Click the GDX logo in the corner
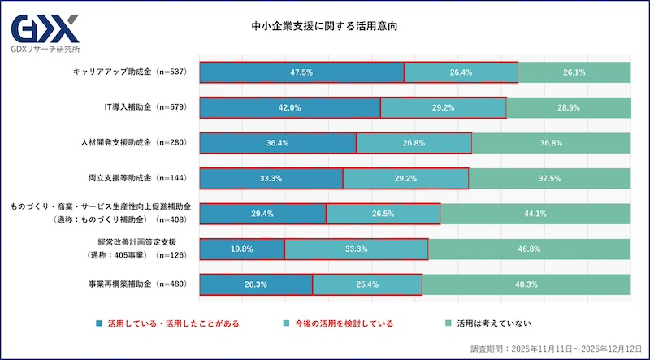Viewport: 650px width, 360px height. [45, 33]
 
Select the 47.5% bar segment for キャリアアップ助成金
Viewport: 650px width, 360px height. [301, 72]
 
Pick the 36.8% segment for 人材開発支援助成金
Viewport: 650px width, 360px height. [551, 143]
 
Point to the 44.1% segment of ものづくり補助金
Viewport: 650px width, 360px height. [535, 214]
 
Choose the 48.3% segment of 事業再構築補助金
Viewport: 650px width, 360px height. [526, 284]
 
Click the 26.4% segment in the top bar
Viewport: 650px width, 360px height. [461, 72]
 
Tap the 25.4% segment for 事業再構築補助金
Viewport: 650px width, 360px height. [367, 284]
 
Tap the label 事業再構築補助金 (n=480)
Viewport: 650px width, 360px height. [137, 284]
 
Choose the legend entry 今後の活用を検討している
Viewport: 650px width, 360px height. [341, 323]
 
